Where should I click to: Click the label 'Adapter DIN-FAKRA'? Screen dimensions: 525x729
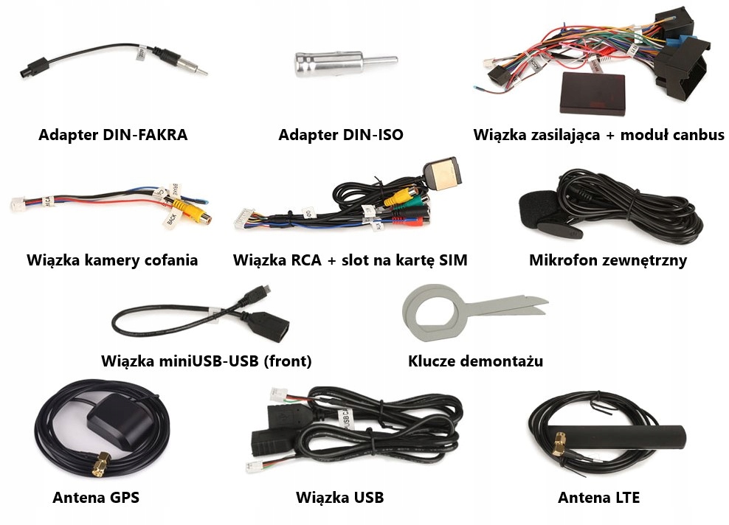click(x=113, y=135)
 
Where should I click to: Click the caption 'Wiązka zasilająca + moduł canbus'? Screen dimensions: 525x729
click(x=599, y=135)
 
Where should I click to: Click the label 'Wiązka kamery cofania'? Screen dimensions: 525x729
click(x=112, y=260)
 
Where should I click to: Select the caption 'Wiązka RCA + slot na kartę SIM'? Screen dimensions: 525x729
click(x=350, y=260)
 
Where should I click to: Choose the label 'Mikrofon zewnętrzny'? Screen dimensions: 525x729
click(x=608, y=260)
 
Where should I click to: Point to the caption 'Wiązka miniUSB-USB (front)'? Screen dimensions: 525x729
click(x=207, y=361)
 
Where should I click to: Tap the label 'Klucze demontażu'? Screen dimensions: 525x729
click(x=476, y=361)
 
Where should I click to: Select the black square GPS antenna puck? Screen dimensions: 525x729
click(x=117, y=423)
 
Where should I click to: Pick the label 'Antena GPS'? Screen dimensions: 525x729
click(x=96, y=498)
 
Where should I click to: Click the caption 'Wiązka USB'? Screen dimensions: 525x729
click(x=340, y=498)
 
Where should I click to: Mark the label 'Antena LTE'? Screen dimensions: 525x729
click(x=598, y=498)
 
